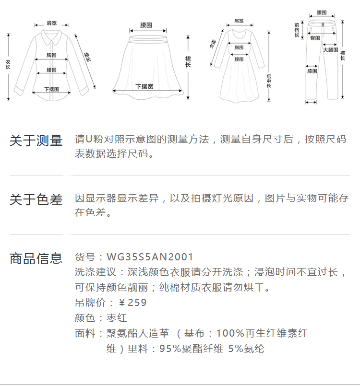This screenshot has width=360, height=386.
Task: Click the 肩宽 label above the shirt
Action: click(51, 23)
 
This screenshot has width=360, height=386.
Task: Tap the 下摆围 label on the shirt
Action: click(51, 89)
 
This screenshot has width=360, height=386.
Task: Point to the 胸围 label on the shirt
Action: click(51, 55)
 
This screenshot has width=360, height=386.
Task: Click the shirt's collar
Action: click(51, 35)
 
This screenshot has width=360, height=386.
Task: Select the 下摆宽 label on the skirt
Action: click(144, 87)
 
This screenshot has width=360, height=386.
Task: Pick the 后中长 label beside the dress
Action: click(269, 81)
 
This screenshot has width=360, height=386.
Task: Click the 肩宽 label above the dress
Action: click(239, 21)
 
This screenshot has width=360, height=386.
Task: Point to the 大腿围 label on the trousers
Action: click(330, 50)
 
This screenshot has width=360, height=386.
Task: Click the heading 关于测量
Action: click(36, 141)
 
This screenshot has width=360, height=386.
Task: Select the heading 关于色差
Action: click(36, 200)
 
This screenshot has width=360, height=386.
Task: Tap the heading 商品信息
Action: click(36, 258)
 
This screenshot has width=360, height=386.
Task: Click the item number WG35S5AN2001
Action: click(150, 257)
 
